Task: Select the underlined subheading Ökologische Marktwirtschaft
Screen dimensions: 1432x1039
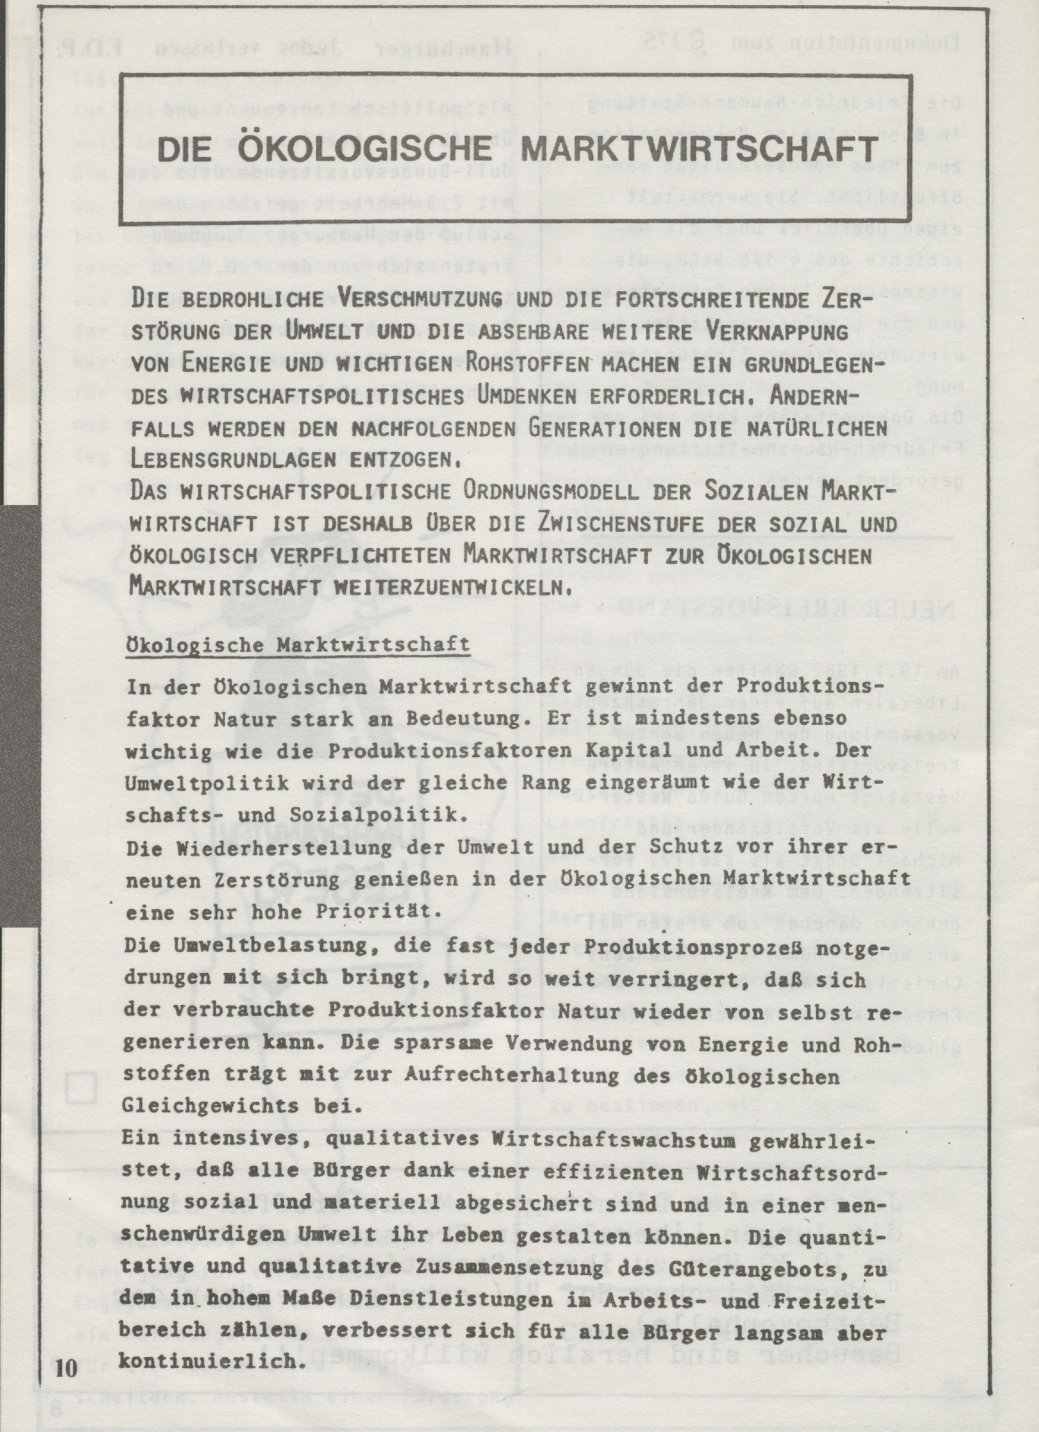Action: coord(298,645)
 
